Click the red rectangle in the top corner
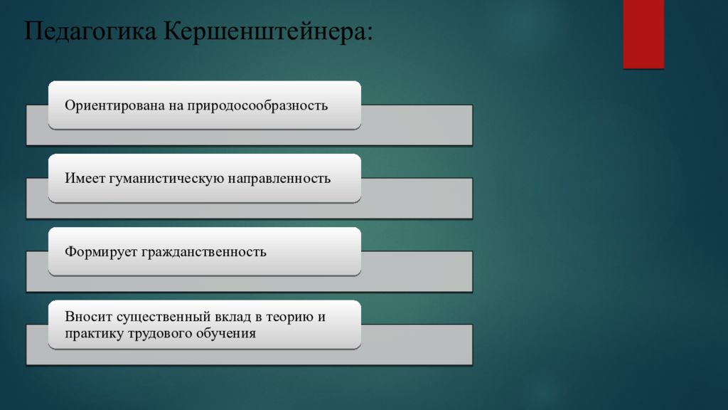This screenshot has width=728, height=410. (x=643, y=33)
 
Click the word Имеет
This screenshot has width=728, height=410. (x=85, y=178)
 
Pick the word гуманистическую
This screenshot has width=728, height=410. (x=166, y=178)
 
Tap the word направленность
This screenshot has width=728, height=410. (x=279, y=178)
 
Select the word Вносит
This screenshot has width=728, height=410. (x=86, y=317)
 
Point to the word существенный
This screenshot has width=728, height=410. (x=156, y=317)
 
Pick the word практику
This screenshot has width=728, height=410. (x=94, y=333)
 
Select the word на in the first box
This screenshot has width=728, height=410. (x=177, y=105)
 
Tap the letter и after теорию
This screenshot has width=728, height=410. (x=321, y=317)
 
